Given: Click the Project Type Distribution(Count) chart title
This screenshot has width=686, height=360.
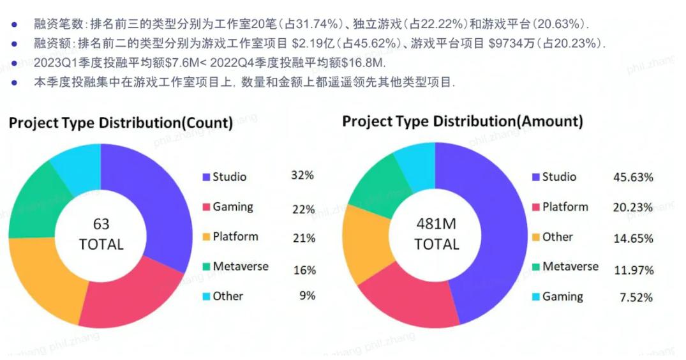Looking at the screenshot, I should (x=121, y=123).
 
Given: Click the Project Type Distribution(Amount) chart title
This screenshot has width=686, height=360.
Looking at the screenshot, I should (x=462, y=121).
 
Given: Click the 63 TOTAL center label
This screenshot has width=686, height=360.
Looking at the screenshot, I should (x=101, y=234).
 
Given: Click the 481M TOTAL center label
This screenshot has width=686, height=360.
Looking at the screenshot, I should (x=436, y=234).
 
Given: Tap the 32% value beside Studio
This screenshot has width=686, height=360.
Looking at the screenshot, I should (x=303, y=176).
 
